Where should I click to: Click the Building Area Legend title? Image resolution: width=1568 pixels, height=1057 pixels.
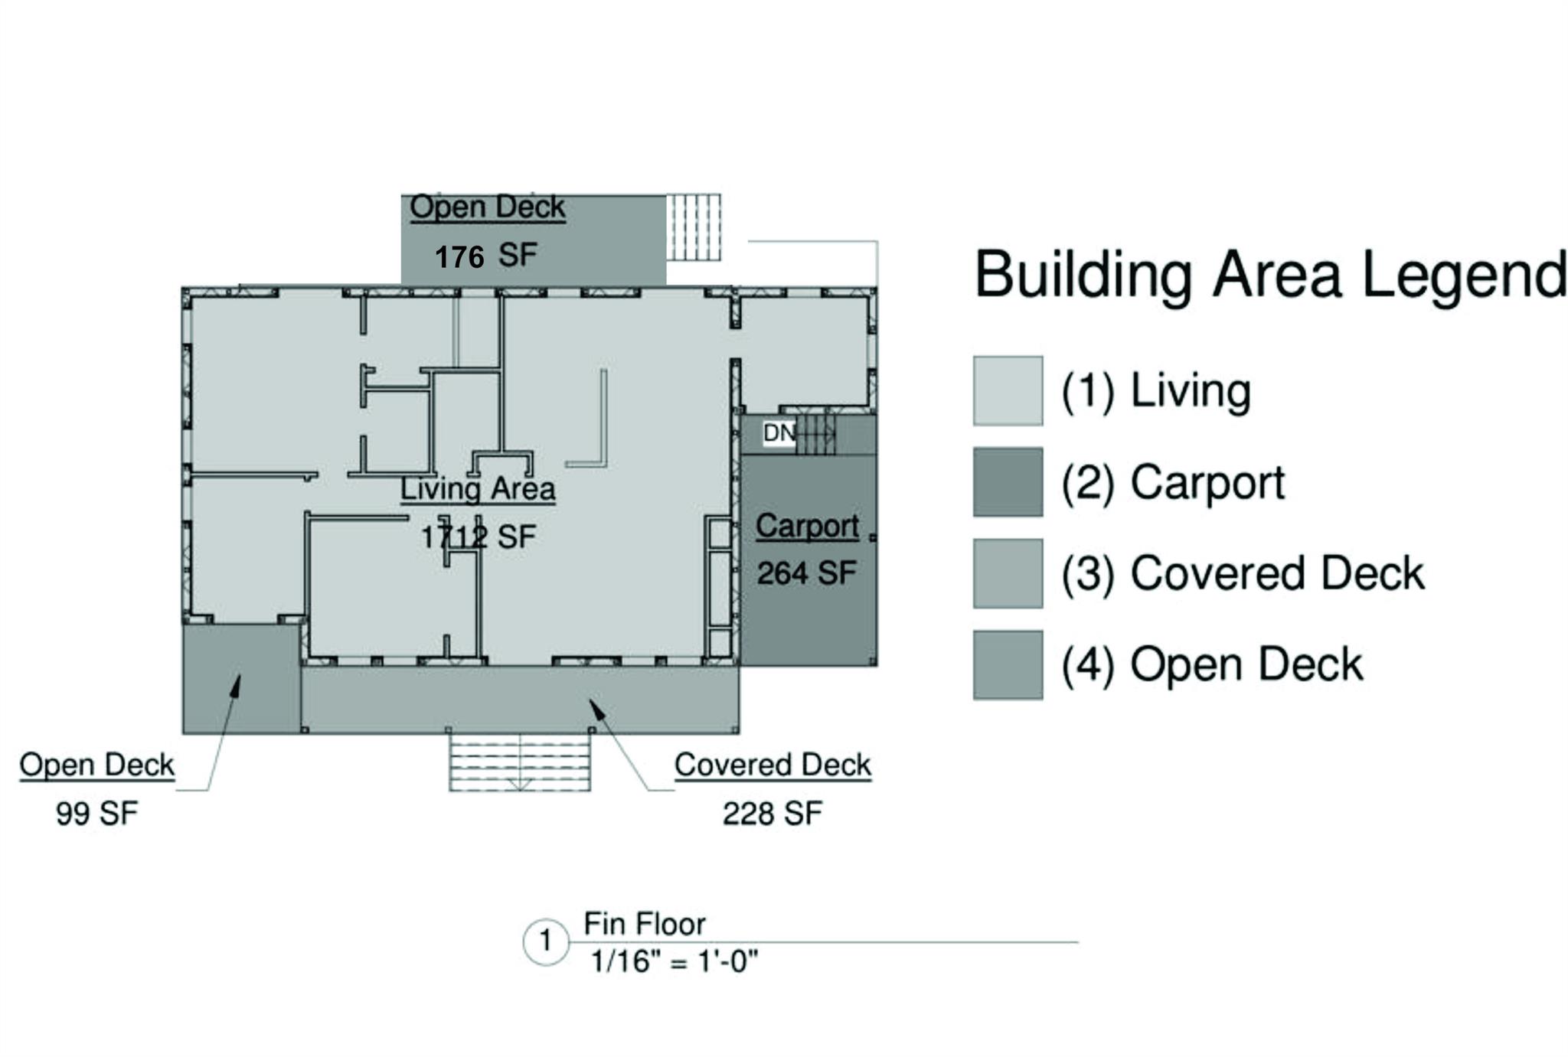point(1270,274)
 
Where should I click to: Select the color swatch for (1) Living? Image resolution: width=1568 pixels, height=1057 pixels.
point(1008,390)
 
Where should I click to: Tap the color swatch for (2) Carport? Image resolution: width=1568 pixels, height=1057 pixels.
point(1008,482)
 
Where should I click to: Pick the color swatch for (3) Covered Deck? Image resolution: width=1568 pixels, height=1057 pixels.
point(1008,573)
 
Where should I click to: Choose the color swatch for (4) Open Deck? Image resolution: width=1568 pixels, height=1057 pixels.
point(1008,664)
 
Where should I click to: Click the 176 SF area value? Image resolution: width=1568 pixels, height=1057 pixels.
point(486,256)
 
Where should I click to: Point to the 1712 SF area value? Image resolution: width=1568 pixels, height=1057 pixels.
point(478,537)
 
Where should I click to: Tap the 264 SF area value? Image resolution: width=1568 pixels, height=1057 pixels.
point(807,573)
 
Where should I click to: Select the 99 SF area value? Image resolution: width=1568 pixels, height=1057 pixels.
point(97,813)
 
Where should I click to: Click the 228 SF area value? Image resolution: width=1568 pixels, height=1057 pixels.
point(773,813)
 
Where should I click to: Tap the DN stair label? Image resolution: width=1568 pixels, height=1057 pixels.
point(779,433)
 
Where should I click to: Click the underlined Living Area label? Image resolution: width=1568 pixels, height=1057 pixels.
point(478,489)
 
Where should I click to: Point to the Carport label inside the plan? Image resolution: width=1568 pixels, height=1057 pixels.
point(807,527)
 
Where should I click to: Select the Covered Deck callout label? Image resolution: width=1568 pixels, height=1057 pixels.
point(773,765)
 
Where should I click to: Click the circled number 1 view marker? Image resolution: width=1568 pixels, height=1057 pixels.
point(546,941)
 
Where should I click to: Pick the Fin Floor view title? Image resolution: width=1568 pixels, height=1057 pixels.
point(645,924)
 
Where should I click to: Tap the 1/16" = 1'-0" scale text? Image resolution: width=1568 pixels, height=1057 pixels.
point(675,961)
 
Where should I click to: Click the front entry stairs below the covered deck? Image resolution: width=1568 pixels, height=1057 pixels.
point(520,762)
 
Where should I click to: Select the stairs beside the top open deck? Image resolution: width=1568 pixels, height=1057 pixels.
point(693,227)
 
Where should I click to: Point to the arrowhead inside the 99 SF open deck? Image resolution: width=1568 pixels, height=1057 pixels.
point(236,686)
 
